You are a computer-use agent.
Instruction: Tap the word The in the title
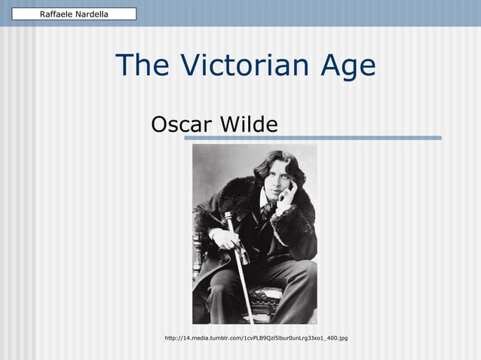coord(142,66)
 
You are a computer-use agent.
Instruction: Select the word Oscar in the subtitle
coord(182,124)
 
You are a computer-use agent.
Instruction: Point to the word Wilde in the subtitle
coord(249,124)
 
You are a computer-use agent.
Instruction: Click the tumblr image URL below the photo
coord(256,338)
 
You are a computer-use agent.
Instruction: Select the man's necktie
coord(266,211)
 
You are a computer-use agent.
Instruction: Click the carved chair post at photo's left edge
coord(199,264)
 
